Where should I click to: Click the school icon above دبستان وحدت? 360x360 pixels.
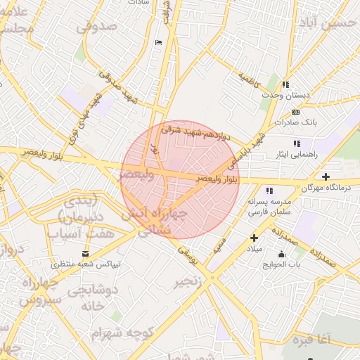point(285,84)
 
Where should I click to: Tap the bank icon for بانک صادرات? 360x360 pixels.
point(295,112)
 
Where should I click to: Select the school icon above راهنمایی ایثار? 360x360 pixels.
point(297,143)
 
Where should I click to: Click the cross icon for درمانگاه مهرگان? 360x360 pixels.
point(325,176)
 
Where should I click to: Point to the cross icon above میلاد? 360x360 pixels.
point(254,238)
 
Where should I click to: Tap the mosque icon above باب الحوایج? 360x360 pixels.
point(282,254)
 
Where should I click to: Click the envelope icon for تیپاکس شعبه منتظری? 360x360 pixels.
point(86,253)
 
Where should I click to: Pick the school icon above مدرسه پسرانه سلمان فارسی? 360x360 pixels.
point(269,190)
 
